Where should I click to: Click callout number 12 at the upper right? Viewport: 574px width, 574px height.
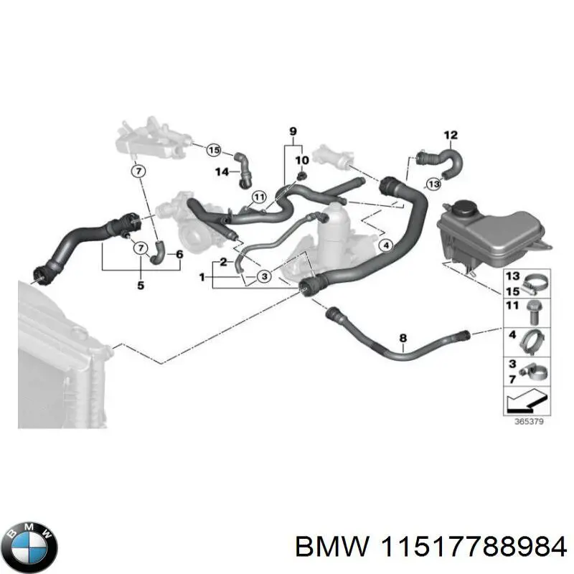click(x=450, y=134)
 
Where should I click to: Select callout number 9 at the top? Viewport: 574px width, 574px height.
click(x=293, y=131)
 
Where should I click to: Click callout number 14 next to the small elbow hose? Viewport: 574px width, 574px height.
click(x=222, y=171)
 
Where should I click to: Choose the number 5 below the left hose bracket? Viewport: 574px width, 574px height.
click(x=140, y=286)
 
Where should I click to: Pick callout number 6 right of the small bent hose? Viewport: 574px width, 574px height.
click(x=179, y=254)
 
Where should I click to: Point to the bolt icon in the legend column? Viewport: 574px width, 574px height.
click(x=533, y=309)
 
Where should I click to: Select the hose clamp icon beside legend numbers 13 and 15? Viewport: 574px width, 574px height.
click(x=533, y=283)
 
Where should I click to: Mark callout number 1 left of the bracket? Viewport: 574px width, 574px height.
click(x=202, y=276)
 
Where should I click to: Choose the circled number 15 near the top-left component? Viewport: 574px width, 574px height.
click(x=213, y=150)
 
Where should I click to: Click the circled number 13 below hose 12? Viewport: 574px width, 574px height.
click(x=433, y=184)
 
